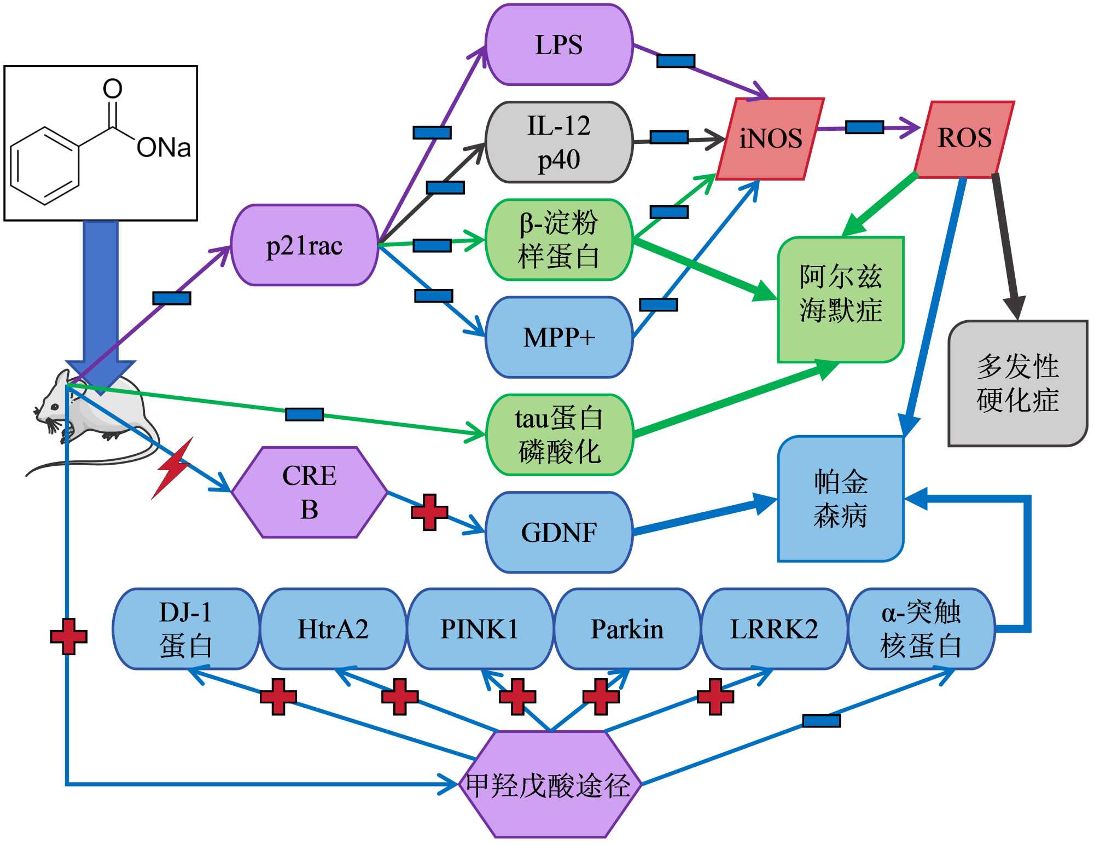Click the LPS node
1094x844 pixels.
click(x=559, y=45)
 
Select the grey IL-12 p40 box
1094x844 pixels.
click(x=559, y=142)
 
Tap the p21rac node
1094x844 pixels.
click(x=305, y=246)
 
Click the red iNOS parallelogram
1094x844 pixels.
click(x=770, y=138)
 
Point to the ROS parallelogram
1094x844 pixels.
click(x=964, y=138)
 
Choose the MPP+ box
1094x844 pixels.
click(x=559, y=337)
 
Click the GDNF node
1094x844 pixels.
click(x=559, y=533)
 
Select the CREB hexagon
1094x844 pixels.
click(x=310, y=492)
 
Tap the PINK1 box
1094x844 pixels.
click(x=480, y=629)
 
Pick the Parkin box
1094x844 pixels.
click(x=627, y=629)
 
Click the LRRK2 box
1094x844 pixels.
click(x=774, y=629)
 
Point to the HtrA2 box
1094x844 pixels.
click(x=333, y=629)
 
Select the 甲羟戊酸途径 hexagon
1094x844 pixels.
click(x=549, y=785)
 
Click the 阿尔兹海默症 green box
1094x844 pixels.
click(x=841, y=299)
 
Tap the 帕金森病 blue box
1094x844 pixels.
click(x=841, y=499)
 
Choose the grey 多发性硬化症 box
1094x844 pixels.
click(x=1017, y=383)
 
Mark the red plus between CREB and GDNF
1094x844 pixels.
click(x=430, y=512)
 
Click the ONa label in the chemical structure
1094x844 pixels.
click(x=163, y=148)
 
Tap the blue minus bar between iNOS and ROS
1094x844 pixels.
click(x=864, y=127)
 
